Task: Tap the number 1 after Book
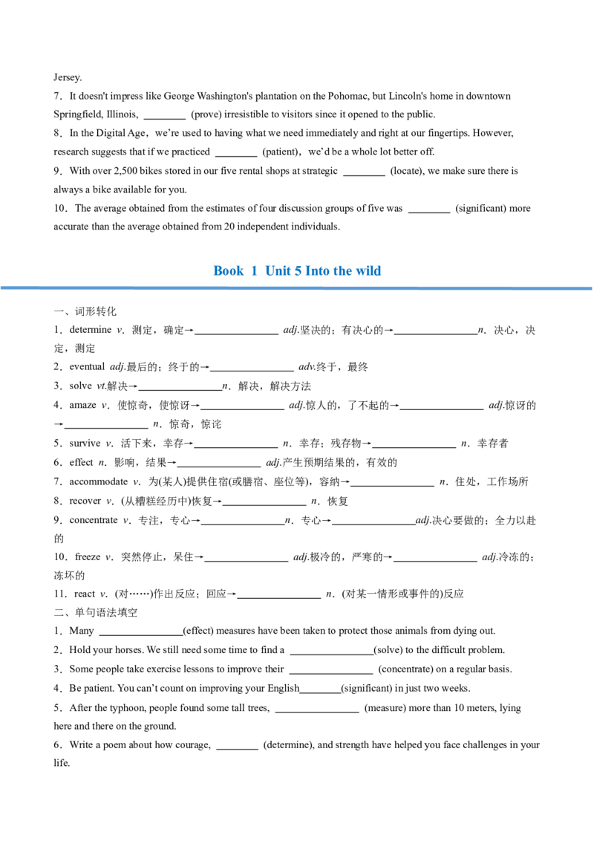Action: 254,271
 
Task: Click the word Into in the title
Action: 316,271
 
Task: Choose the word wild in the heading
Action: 369,271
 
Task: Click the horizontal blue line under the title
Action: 297,288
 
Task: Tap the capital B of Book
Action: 216,271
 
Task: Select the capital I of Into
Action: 307,271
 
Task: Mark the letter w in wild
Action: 361,272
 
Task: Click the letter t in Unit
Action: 288,271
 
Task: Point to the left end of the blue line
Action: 2,288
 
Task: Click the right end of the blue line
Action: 591,288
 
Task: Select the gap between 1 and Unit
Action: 261,271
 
